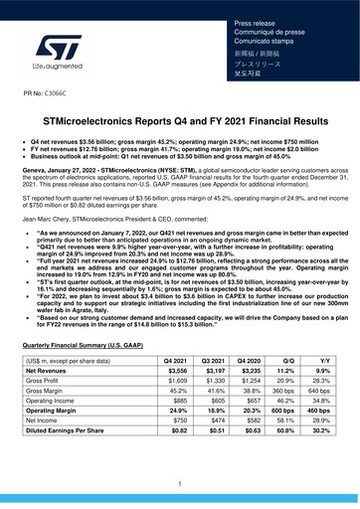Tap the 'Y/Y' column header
(323, 360)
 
